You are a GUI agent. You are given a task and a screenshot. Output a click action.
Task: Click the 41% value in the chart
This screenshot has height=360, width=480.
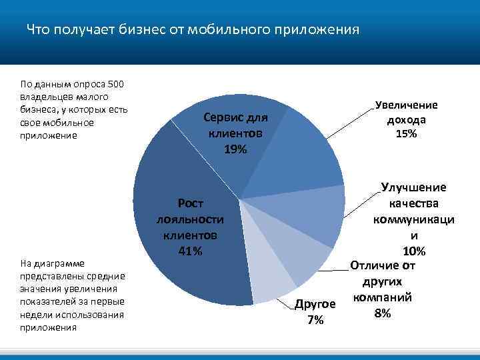[190, 251]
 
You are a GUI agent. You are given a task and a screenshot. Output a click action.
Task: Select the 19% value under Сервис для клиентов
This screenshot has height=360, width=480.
[235, 149]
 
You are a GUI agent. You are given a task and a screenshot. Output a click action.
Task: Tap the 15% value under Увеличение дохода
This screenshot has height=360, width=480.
[406, 134]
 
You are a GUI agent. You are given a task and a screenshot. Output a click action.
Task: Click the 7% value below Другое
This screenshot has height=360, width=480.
[315, 320]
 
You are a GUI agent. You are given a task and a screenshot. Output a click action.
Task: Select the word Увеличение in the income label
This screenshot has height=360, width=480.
[406, 105]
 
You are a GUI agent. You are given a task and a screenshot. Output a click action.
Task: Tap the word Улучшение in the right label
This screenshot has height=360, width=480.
[414, 189]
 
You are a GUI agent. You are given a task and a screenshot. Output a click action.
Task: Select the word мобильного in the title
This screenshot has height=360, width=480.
[220, 30]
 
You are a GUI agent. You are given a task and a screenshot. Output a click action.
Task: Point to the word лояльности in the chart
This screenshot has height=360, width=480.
[190, 219]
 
